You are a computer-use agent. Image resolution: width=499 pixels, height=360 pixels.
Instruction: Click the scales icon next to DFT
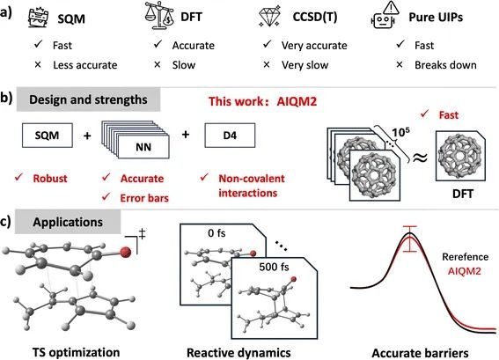coord(159,15)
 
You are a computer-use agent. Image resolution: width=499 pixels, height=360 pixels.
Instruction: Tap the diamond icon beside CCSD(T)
coord(269,16)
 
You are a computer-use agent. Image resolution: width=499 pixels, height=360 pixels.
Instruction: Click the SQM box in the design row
coord(48,136)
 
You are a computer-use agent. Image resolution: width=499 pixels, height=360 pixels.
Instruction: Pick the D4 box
coord(230,136)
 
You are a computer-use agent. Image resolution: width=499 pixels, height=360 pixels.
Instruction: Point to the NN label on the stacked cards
coord(143,147)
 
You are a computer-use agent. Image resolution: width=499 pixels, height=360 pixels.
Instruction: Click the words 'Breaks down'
coord(445,65)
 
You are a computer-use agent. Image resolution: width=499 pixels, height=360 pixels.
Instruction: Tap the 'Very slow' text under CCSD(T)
coord(305,65)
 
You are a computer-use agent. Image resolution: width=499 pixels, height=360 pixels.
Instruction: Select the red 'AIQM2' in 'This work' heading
coord(297,101)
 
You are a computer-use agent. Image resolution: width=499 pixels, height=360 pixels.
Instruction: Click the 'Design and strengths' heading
coord(88,99)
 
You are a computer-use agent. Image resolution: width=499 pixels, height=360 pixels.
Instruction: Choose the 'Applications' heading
coord(68,222)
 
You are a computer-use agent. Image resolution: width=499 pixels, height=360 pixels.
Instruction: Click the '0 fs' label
coord(216,233)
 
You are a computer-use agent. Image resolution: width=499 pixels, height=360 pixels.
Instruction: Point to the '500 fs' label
coord(274,267)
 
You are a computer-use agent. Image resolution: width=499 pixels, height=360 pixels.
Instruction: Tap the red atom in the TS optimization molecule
coord(126,252)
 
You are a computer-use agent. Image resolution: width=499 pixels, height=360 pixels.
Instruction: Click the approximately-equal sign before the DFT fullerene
coord(420,158)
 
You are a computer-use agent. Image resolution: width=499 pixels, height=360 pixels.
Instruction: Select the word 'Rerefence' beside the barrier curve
coord(465,257)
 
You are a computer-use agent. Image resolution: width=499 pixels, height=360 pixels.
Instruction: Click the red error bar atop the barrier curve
coord(409,239)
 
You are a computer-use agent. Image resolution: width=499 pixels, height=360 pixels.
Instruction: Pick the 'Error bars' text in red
coord(144,198)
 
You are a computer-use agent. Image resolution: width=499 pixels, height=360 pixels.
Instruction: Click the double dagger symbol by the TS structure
coord(142,234)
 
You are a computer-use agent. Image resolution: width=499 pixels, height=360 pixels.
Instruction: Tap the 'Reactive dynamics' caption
coord(238,353)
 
